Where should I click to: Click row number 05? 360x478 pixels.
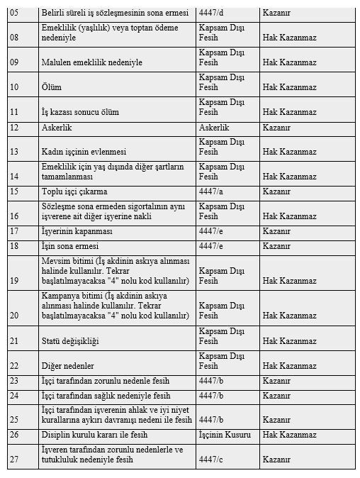[x=13, y=13]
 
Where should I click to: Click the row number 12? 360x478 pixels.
[x=13, y=128]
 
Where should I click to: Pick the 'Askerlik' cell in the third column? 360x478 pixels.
[x=215, y=128]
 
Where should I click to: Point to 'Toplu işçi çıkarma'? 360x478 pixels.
[x=77, y=191]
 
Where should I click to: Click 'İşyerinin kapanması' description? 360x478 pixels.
[x=79, y=232]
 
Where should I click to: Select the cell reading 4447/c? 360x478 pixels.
[x=211, y=460]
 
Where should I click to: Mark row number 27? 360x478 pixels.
[x=13, y=460]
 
